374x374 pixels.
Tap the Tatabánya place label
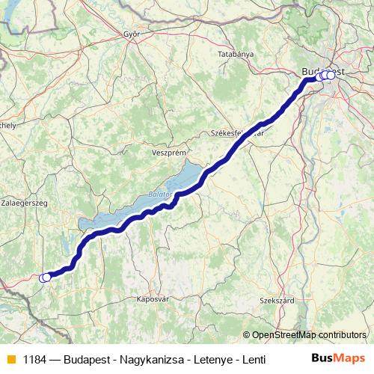point(236,55)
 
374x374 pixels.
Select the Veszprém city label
point(168,151)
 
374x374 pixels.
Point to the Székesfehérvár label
point(238,132)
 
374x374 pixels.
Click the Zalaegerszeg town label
point(25,203)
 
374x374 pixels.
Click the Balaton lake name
point(161,194)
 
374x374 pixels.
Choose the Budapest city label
point(323,71)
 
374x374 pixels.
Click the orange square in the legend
point(11,358)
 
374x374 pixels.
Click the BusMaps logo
point(339,358)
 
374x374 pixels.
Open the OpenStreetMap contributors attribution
point(309,335)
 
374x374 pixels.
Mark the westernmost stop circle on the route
point(43,278)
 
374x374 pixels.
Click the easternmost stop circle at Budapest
point(331,76)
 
